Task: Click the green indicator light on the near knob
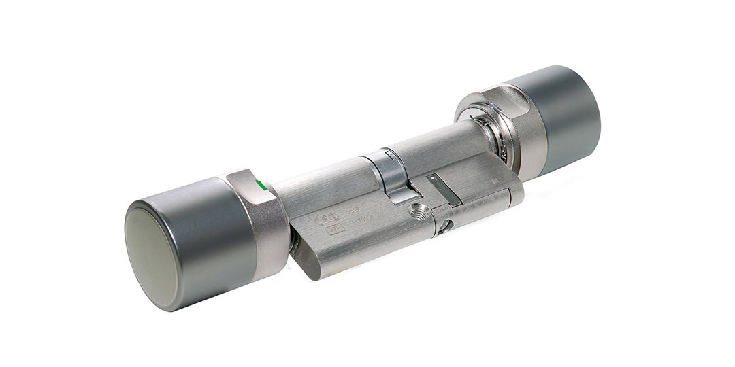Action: (259, 183)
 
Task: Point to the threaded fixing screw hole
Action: (420, 213)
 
